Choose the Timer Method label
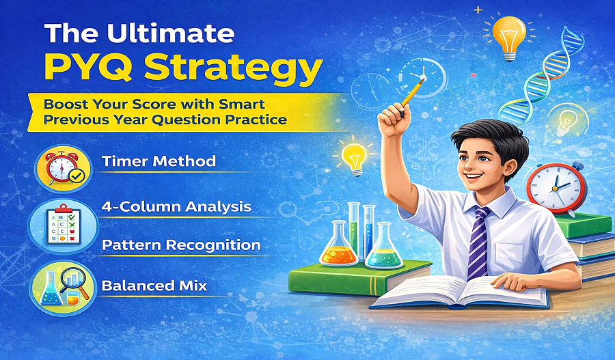[x=158, y=162]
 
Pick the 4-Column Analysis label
[x=176, y=206]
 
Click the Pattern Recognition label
[x=180, y=244]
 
